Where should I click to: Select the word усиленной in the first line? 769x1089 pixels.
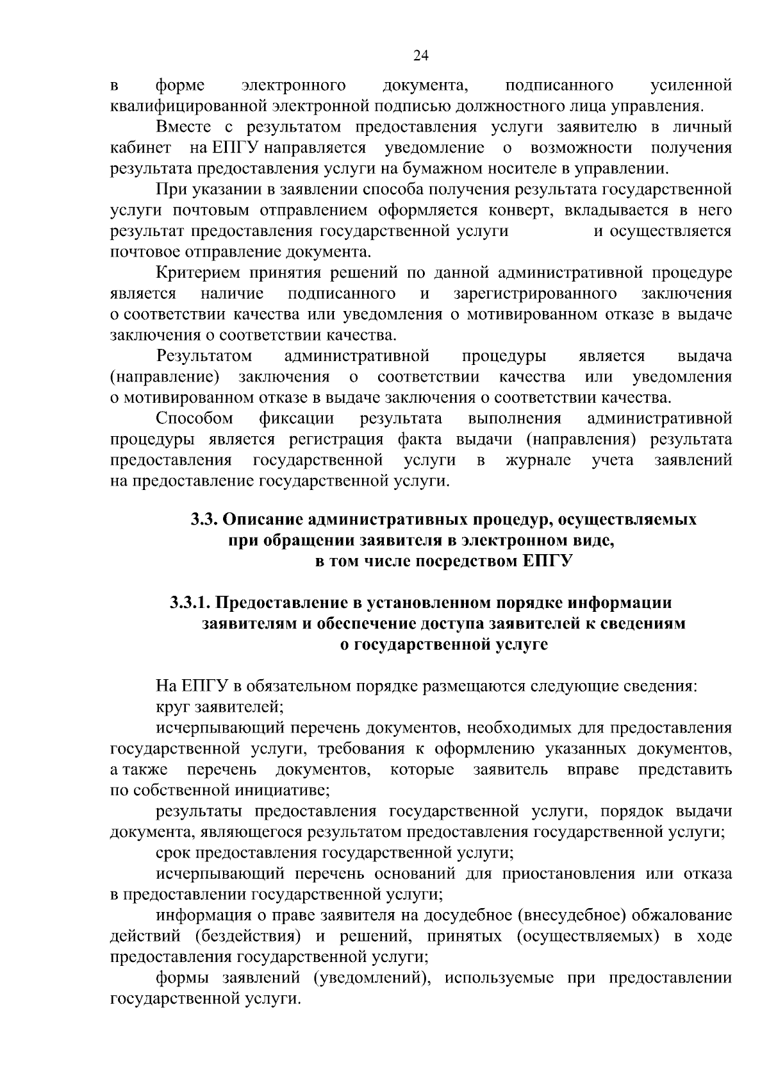click(x=691, y=85)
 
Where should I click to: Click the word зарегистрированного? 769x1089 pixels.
click(x=535, y=294)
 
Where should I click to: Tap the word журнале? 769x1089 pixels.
click(x=538, y=460)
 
